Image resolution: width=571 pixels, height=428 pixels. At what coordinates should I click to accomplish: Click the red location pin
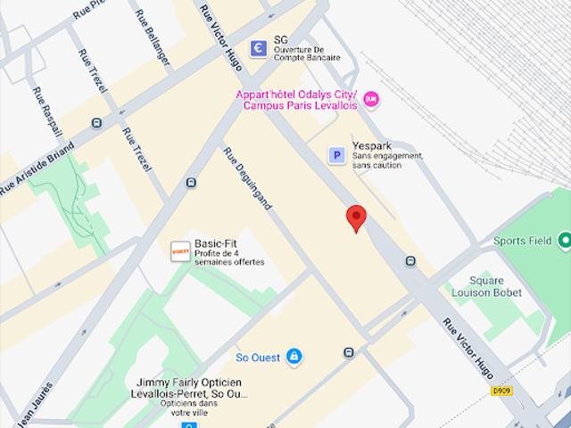[x=356, y=217]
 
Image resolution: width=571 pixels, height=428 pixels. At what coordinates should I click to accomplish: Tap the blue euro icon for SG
[x=259, y=48]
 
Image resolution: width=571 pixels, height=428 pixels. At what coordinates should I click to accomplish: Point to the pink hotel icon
[x=370, y=98]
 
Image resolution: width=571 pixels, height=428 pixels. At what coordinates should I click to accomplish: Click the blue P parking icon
[x=336, y=156]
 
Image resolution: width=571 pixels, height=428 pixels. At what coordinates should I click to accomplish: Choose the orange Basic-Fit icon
[x=180, y=251]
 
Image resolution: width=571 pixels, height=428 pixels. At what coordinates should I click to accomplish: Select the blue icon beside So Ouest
[x=293, y=358]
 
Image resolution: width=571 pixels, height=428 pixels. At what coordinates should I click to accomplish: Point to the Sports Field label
[x=523, y=241]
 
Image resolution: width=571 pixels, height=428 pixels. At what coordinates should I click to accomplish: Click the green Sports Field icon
[x=564, y=241]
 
